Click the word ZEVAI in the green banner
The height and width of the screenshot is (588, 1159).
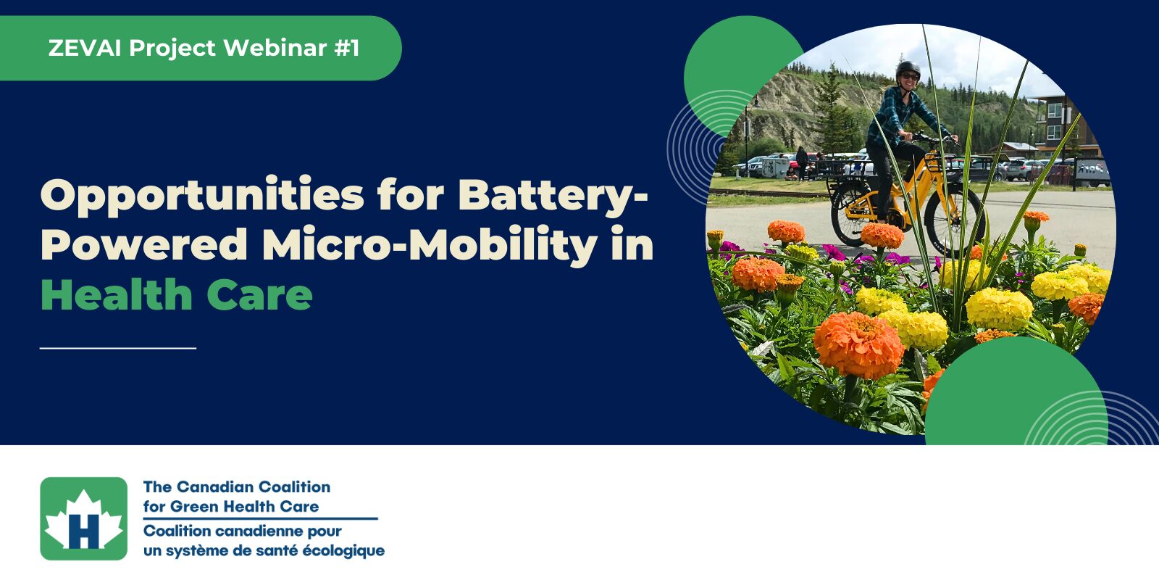point(85,48)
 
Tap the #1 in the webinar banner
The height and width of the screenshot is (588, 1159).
point(347,48)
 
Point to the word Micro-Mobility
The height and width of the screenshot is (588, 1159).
point(430,244)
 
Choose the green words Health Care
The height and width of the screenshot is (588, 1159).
point(177,294)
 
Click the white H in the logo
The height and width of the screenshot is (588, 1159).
point(84,531)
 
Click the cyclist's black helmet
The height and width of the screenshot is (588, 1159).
point(908,69)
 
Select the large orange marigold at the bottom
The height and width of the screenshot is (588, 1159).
point(858,345)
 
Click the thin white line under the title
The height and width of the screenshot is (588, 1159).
point(118,348)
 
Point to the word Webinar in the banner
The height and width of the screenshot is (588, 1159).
point(275,48)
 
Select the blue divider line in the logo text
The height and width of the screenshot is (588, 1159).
point(261,518)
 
